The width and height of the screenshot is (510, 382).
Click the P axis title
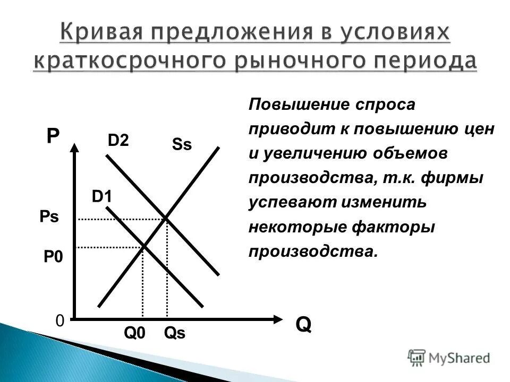pos(53,136)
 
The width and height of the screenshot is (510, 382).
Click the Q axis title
pos(303,324)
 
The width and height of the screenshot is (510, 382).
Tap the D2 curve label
pos(118,141)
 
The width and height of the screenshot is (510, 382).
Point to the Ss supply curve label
pos(182,145)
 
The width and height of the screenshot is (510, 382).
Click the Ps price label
pos(49,218)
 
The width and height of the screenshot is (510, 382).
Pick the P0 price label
pos(53,257)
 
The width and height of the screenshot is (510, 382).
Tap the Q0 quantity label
pos(134,333)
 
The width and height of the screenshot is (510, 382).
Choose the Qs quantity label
pos(175,333)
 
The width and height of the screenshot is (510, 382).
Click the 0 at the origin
pos(59,321)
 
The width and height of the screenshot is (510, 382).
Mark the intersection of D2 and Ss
pos(167,219)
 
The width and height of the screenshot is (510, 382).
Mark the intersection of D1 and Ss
pos(143,246)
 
